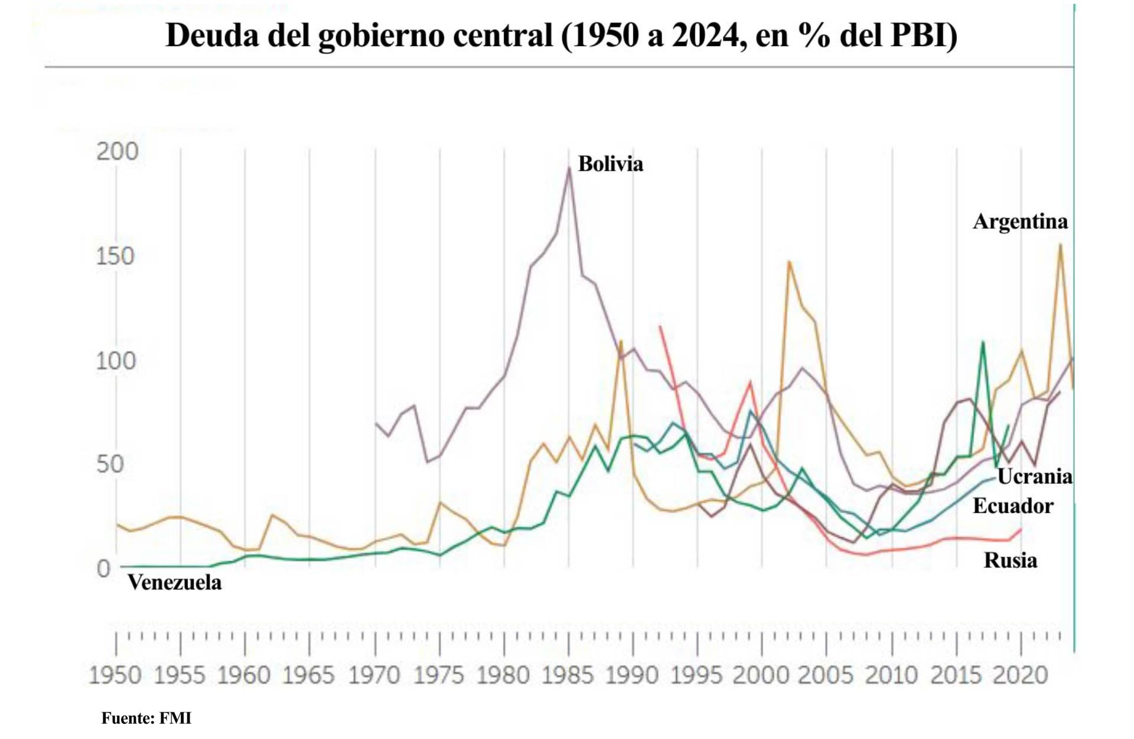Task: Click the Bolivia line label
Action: (610, 164)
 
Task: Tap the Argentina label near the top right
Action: (1020, 221)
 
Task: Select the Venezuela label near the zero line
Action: (174, 582)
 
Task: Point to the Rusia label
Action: (1010, 560)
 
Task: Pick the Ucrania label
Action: (1035, 476)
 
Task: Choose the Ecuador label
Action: (1012, 506)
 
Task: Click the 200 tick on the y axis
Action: (117, 151)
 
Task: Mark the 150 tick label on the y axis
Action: (115, 256)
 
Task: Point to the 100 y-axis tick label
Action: (116, 361)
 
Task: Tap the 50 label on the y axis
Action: (110, 464)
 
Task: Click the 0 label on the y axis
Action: (104, 569)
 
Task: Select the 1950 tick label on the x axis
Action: (115, 675)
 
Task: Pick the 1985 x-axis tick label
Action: (568, 675)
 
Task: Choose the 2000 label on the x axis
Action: (761, 675)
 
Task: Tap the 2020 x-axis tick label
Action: (1020, 675)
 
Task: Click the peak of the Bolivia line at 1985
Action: (569, 168)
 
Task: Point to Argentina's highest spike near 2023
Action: (1061, 244)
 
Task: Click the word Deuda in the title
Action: (212, 35)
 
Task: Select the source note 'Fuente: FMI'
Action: (146, 718)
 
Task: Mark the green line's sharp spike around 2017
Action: (983, 342)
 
